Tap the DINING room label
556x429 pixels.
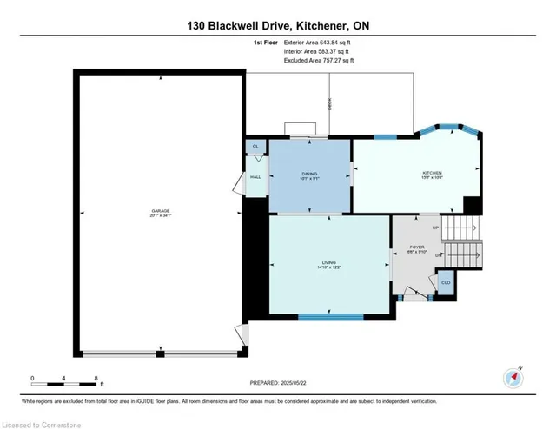click(310, 174)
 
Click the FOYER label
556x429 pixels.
click(416, 247)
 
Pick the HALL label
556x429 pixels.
click(255, 177)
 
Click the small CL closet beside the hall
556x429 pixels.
click(255, 148)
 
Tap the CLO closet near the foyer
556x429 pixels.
click(445, 282)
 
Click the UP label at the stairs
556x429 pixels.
click(436, 228)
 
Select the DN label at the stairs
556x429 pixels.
click(440, 255)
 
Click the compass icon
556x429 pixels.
click(513, 378)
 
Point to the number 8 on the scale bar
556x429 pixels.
click(96, 378)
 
